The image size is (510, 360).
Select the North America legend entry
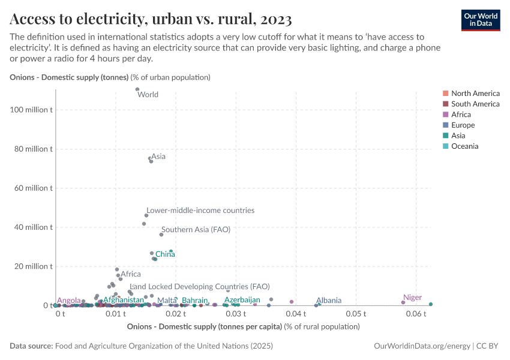475,93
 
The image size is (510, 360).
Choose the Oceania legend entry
464,146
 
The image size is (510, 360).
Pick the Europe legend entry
463,125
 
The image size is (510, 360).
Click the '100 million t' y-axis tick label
31,110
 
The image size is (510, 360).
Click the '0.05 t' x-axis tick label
356,314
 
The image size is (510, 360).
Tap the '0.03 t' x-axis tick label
235,314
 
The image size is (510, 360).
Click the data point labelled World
137,89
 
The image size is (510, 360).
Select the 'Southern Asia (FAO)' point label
196,229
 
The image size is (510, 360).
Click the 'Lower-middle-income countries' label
200,211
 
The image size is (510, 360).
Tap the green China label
165,254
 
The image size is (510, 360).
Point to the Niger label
412,298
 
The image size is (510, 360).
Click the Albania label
329,301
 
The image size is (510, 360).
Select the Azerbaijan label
242,300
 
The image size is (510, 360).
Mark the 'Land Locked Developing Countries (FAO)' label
200,287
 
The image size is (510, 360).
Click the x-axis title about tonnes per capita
244,327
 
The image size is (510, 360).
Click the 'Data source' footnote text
142,346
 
